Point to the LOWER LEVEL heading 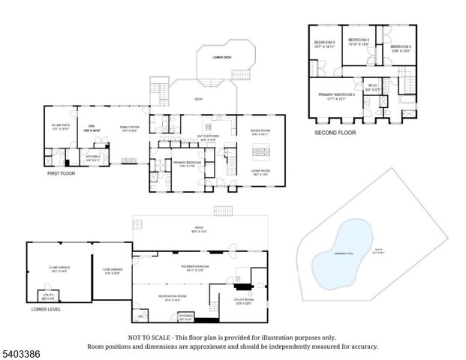(46, 309)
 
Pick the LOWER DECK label (223, 57)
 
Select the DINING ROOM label (260, 132)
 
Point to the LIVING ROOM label (260, 171)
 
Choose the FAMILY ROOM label (131, 127)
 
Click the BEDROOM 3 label (324, 42)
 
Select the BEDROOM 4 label (357, 40)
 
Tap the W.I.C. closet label (372, 85)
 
